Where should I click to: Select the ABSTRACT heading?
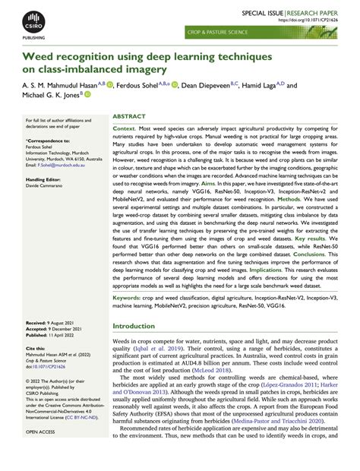(x=129, y=117)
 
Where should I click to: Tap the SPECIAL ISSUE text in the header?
(x=262, y=14)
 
